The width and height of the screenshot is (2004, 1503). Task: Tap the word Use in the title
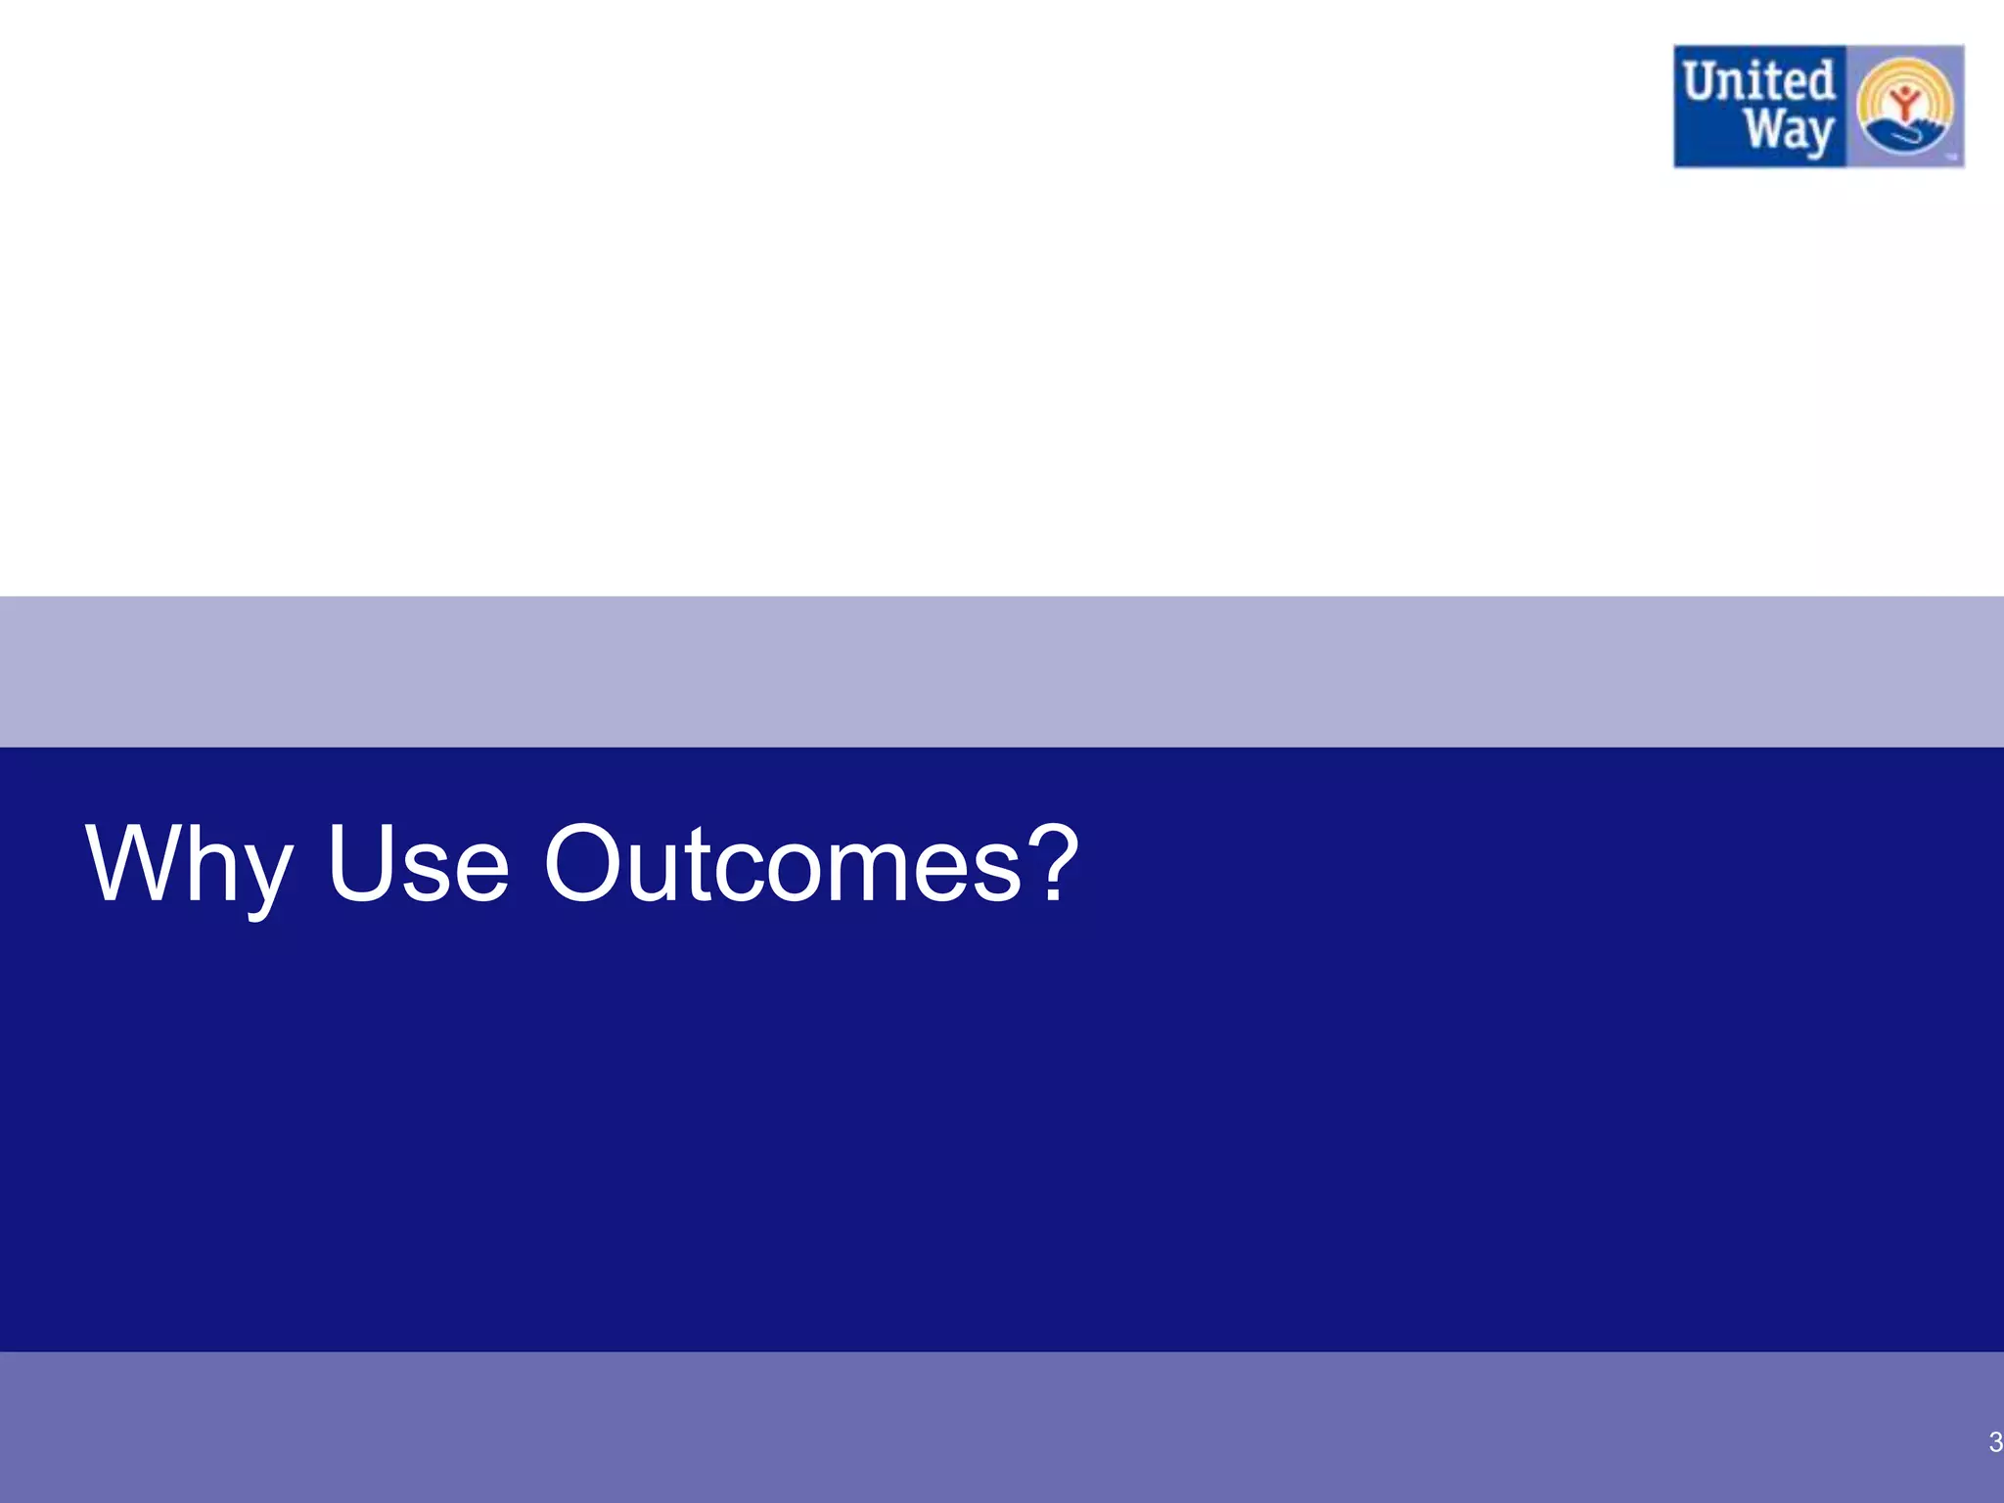click(419, 866)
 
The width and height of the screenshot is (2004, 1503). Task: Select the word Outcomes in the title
click(783, 866)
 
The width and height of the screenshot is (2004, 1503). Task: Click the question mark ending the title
click(1055, 863)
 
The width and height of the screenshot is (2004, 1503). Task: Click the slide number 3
click(1995, 1441)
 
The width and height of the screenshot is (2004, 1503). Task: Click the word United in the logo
click(1758, 82)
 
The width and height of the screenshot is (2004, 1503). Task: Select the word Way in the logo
click(1789, 131)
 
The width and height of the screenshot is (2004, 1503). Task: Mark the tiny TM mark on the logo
click(1949, 156)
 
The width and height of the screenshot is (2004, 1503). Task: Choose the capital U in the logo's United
click(1701, 82)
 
